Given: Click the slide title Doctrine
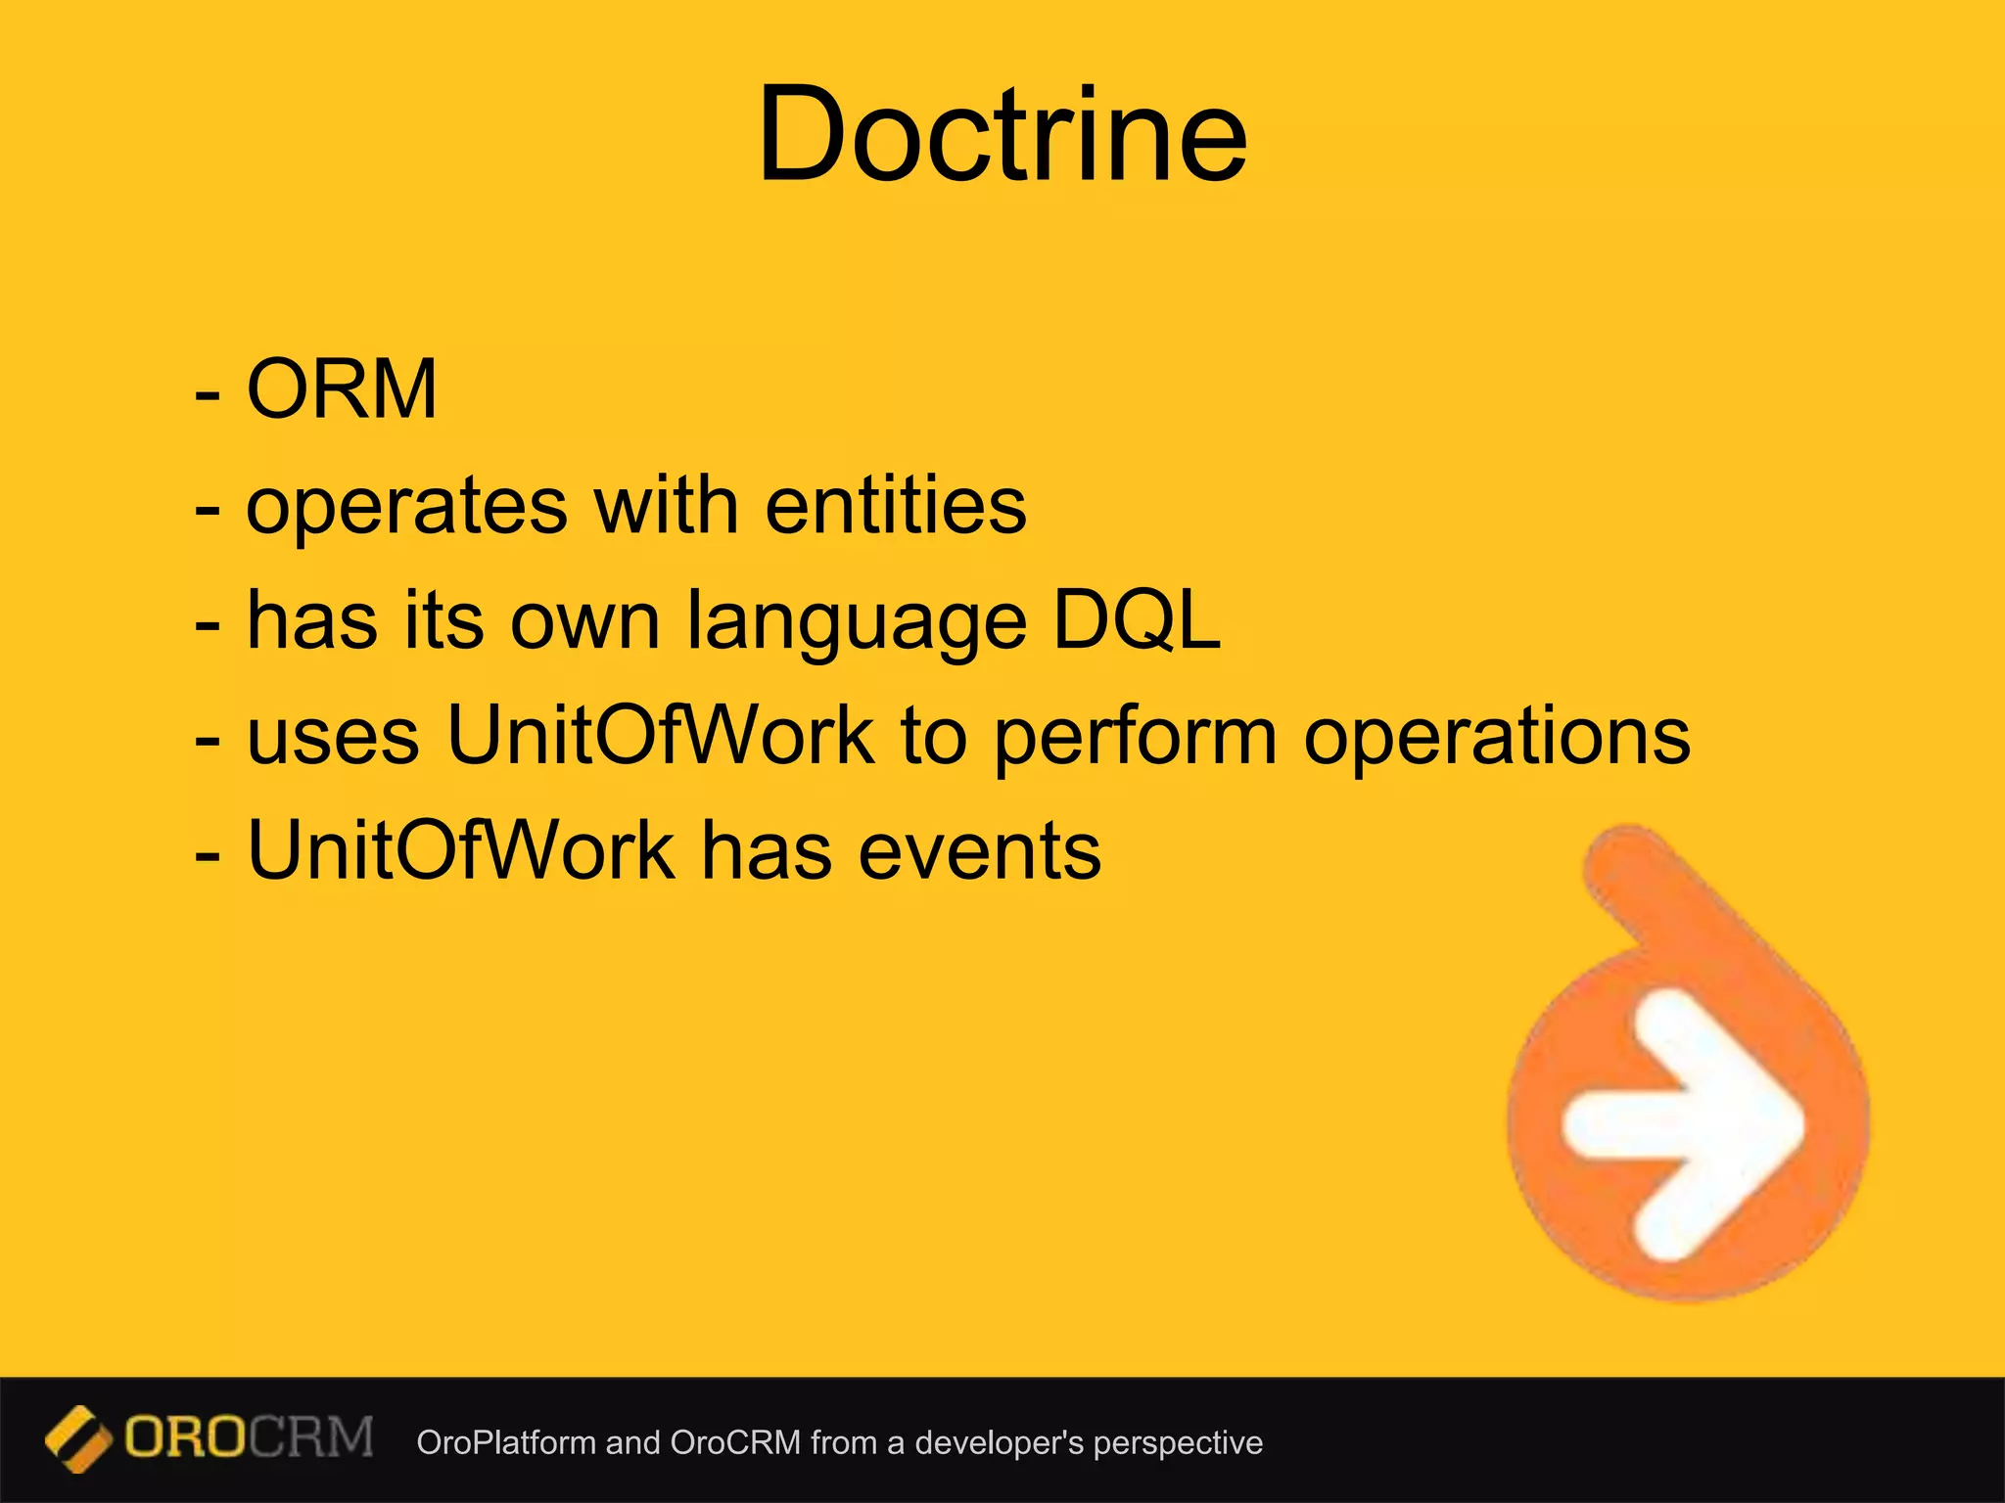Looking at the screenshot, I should (x=1002, y=134).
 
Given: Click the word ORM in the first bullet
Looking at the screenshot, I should (x=342, y=389).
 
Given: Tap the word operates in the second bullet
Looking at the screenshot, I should (x=406, y=507).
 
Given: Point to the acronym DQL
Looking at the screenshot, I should (x=1137, y=620).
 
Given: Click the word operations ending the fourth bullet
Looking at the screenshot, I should (x=1497, y=738).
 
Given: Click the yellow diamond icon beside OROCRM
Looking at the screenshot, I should (x=77, y=1439).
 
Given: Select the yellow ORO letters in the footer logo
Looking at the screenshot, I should (x=186, y=1437).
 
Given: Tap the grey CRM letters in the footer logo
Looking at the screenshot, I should (x=311, y=1437).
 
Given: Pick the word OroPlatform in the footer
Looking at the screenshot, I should (x=505, y=1442).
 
